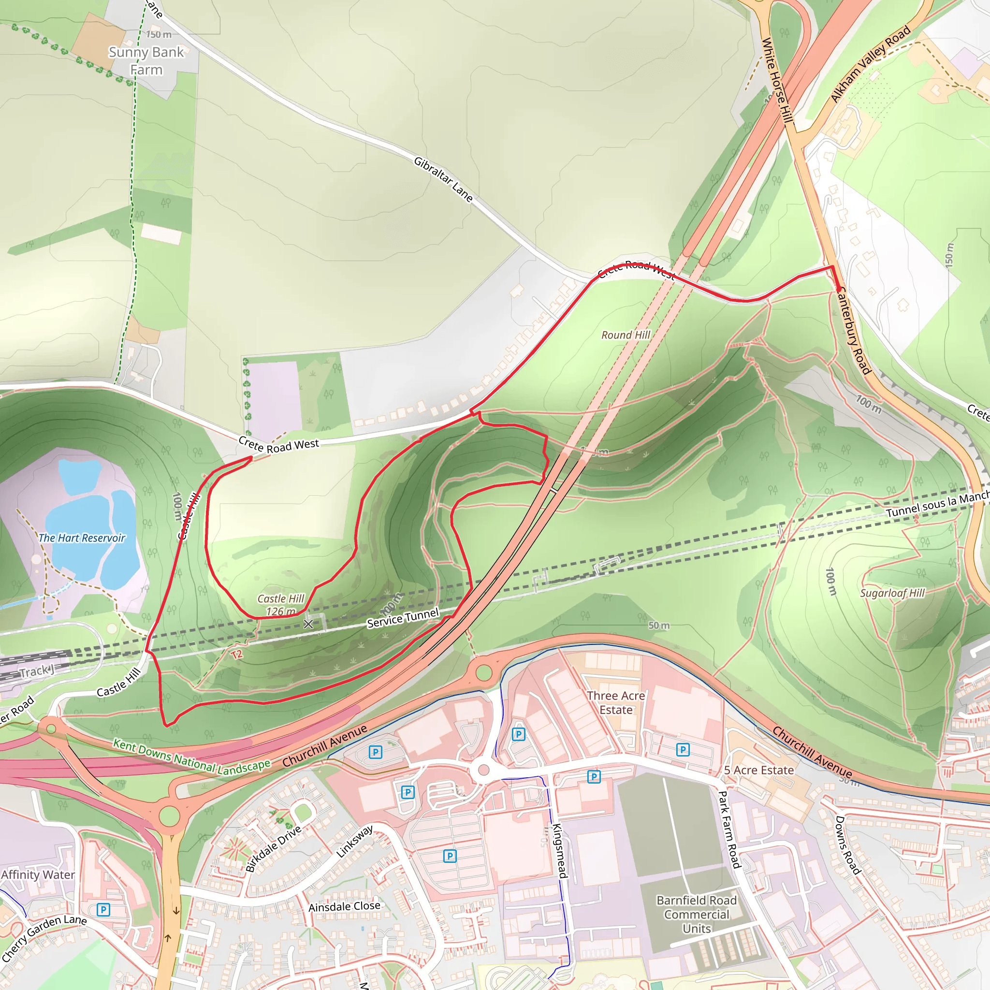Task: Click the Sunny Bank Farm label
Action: tap(146, 60)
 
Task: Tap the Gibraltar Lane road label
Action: tap(443, 179)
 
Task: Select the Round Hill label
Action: tap(626, 335)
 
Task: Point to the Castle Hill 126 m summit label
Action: tap(281, 605)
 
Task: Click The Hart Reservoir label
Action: tap(82, 538)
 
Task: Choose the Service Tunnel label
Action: tap(403, 617)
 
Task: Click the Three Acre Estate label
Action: tap(616, 702)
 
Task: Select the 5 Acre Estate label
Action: tap(759, 770)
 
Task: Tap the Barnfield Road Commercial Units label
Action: tap(697, 915)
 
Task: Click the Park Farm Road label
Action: tap(729, 830)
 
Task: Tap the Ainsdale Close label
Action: tap(344, 906)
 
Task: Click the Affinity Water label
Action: tap(38, 874)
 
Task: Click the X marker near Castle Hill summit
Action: tap(308, 624)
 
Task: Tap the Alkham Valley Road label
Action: tap(870, 63)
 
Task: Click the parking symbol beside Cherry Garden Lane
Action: tap(103, 910)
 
